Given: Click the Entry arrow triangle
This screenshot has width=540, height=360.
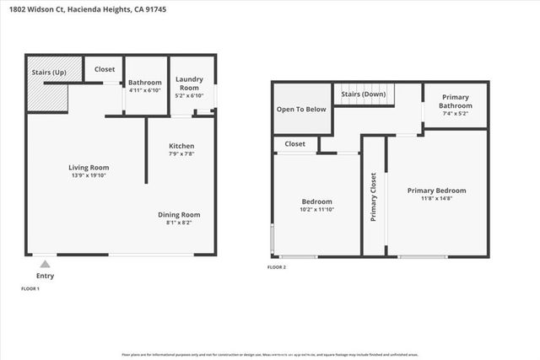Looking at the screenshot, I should point(44,263).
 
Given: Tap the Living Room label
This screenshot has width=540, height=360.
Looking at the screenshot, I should point(89,168).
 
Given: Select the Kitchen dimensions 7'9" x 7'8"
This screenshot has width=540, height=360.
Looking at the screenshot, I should point(182,153).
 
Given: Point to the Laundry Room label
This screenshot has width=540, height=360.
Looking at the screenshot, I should point(188,83).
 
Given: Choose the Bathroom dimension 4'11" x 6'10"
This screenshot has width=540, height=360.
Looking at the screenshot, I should point(144,89).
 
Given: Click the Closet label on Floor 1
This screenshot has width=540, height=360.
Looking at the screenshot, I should point(105,69).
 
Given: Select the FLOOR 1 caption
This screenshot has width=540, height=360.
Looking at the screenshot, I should point(30,289).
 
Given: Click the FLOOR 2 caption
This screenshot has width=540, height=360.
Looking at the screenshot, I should point(277,266).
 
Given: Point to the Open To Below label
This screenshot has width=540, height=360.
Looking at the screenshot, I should point(301,110).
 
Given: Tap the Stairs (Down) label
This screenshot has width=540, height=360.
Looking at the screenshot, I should point(364,94).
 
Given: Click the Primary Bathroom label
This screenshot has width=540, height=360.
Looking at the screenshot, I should point(457,101).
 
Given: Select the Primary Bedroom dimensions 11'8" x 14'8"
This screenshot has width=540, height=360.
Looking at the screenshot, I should point(436,199).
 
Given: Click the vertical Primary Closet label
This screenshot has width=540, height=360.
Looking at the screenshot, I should point(373,197).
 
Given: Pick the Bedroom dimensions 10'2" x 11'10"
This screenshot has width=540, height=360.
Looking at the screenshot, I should point(317,211).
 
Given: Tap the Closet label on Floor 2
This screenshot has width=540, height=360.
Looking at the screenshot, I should point(294,144).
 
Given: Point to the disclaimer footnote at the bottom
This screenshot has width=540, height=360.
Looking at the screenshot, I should point(270,355).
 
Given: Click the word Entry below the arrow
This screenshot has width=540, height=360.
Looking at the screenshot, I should point(45,276).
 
